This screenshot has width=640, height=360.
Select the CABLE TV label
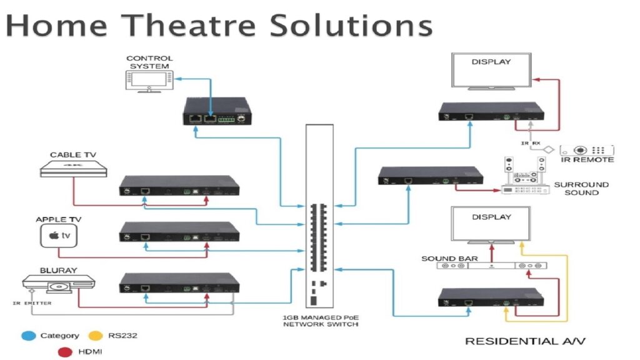click(x=73, y=154)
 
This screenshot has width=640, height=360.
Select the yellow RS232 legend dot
click(x=95, y=336)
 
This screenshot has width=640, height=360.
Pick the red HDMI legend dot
click(x=63, y=352)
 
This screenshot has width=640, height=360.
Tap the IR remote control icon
click(x=587, y=151)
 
